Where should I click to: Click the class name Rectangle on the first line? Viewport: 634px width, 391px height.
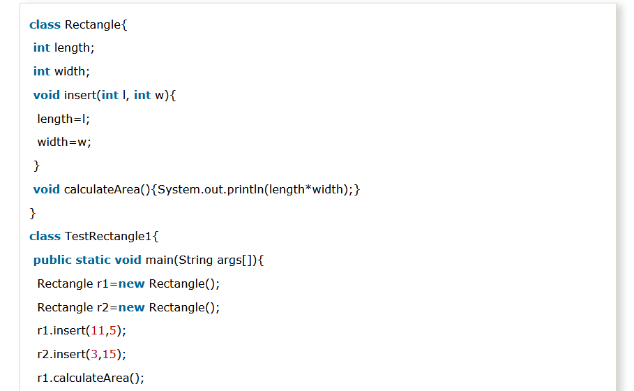click(x=93, y=25)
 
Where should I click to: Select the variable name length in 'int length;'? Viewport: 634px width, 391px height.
click(x=72, y=48)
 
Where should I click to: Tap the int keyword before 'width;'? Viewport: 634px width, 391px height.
click(x=41, y=71)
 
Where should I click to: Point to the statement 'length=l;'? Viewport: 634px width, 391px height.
click(x=63, y=119)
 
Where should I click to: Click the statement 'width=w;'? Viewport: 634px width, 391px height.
click(x=64, y=142)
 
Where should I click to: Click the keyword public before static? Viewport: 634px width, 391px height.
click(x=52, y=260)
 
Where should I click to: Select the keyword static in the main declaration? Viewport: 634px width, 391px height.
click(x=93, y=260)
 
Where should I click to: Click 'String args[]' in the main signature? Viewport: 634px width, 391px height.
click(x=216, y=260)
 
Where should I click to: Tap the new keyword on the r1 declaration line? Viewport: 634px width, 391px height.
click(x=132, y=284)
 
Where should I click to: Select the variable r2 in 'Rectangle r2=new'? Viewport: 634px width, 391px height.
click(x=104, y=308)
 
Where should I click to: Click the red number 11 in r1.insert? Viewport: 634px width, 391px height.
click(x=97, y=331)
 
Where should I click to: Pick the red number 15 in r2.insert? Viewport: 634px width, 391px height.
click(x=110, y=355)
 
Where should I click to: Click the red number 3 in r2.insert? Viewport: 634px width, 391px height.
click(x=93, y=355)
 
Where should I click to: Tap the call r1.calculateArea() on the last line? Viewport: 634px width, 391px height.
click(x=91, y=378)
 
